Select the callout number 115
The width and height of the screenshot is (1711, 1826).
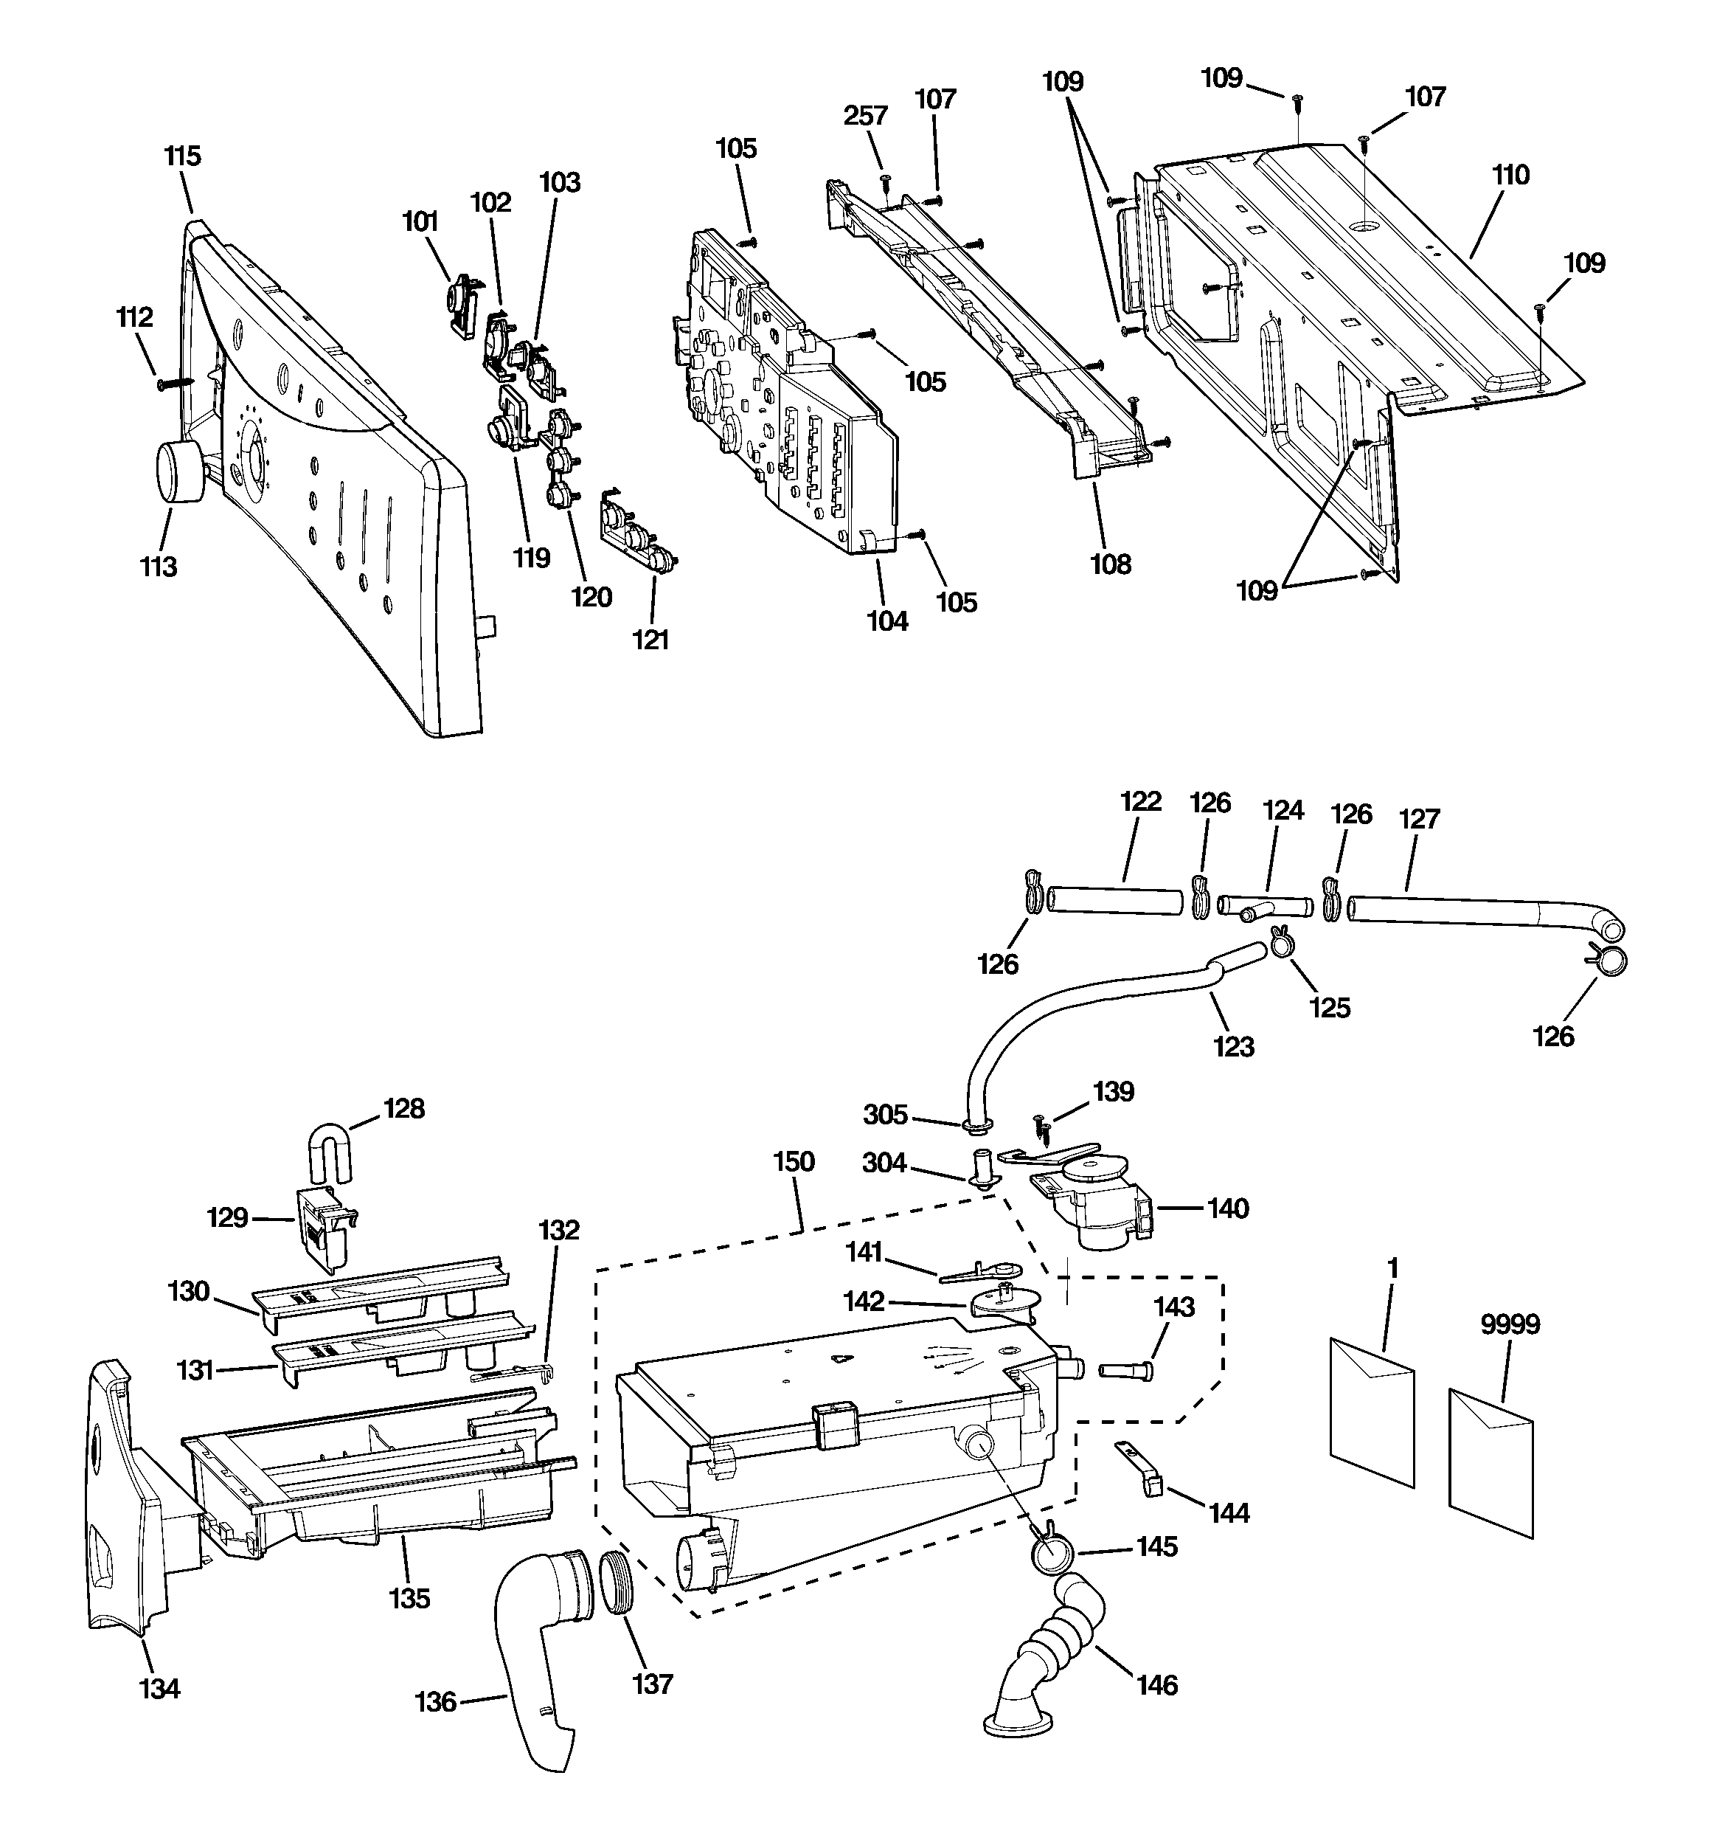pyautogui.click(x=182, y=156)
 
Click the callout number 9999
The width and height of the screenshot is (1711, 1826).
pyautogui.click(x=1510, y=1324)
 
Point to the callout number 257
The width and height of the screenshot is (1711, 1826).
pyautogui.click(x=865, y=116)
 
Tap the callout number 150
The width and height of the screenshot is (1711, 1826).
pyautogui.click(x=794, y=1162)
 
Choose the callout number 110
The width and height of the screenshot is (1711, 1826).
pyautogui.click(x=1511, y=175)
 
